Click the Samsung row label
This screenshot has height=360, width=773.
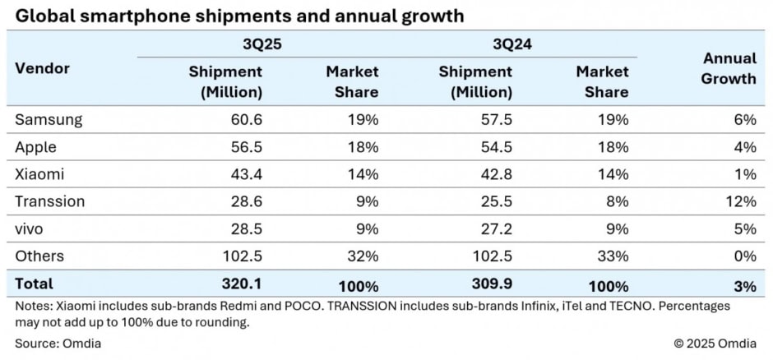(x=49, y=119)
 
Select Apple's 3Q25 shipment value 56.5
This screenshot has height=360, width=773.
(x=246, y=146)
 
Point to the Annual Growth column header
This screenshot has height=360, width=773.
(x=729, y=69)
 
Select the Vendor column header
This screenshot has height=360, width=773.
(x=42, y=69)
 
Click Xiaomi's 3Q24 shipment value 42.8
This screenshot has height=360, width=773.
(x=496, y=174)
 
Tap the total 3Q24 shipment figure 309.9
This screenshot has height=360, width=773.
(x=493, y=284)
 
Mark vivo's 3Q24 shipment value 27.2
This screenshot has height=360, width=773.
(x=496, y=229)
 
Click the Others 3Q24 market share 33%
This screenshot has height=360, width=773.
(x=613, y=256)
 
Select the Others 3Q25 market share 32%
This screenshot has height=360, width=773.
(x=363, y=256)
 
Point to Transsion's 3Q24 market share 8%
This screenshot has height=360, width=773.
(x=618, y=201)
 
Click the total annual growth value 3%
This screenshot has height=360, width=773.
(x=744, y=285)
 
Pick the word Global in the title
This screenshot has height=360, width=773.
(x=38, y=15)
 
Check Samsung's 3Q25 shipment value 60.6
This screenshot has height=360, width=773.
(x=246, y=119)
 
